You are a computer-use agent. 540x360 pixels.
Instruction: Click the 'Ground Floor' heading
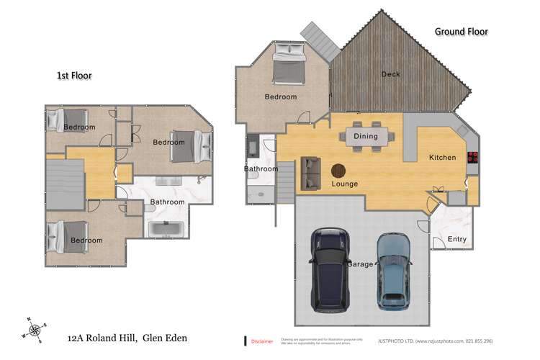click(461, 32)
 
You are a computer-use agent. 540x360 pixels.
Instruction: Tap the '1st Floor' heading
click(73, 75)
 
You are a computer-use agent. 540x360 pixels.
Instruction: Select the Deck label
click(390, 73)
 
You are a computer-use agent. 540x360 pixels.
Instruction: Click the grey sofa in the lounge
click(310, 173)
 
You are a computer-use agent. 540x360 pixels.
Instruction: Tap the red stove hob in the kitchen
click(473, 158)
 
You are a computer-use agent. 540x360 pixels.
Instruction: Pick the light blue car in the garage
click(392, 270)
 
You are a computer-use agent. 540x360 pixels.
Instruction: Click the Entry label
click(457, 239)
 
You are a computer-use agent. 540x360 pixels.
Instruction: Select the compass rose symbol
click(32, 328)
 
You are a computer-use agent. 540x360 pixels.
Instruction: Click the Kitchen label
click(443, 157)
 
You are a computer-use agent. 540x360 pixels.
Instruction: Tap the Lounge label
click(344, 184)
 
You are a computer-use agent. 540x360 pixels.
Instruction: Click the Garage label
click(361, 264)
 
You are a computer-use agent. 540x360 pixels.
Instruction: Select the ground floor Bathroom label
click(261, 169)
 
